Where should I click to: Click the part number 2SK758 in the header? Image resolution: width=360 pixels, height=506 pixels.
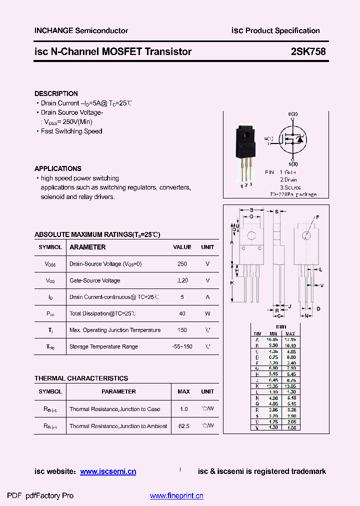[x=308, y=51]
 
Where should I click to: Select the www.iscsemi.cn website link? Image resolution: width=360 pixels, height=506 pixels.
[x=108, y=471]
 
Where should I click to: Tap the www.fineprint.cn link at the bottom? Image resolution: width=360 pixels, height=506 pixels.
[x=176, y=496]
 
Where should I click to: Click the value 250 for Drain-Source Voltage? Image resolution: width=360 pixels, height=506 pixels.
[x=182, y=264]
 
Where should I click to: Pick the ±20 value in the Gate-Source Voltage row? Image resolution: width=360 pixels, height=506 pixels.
[x=182, y=280]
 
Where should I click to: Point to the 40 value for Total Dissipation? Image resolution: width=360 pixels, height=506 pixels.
[x=182, y=313]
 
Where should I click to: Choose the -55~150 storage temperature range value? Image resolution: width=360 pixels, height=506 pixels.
[x=182, y=346]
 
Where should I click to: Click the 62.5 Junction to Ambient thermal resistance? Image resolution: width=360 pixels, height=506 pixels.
[x=183, y=426]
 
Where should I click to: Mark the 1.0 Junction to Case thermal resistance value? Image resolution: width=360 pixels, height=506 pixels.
[x=183, y=409]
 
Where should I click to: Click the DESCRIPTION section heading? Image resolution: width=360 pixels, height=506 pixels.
[x=56, y=93]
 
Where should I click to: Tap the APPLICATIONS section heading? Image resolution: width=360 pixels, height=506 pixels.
[x=58, y=168]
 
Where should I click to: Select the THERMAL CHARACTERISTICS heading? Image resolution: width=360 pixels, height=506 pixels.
[x=81, y=378]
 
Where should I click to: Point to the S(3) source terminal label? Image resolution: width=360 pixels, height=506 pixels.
[x=293, y=164]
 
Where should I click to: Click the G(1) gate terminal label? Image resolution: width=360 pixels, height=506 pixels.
[x=270, y=138]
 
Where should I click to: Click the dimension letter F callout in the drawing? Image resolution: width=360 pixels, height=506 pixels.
[x=317, y=217]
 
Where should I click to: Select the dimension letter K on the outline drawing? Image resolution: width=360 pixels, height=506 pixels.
[x=232, y=283]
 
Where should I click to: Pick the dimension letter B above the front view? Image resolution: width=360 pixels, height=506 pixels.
[x=251, y=210]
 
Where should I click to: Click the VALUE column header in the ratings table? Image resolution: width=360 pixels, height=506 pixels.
[x=182, y=247]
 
